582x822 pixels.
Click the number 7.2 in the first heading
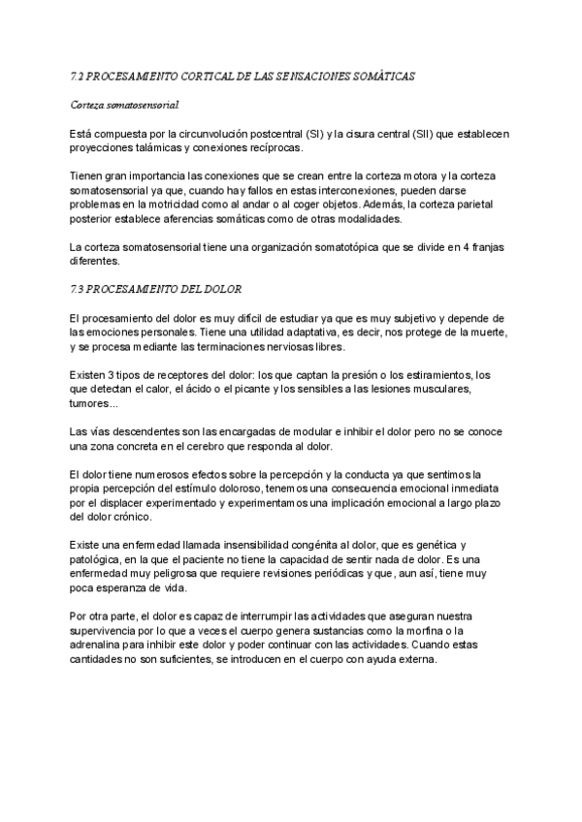[x=78, y=75]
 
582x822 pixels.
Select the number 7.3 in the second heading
[x=78, y=290]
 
